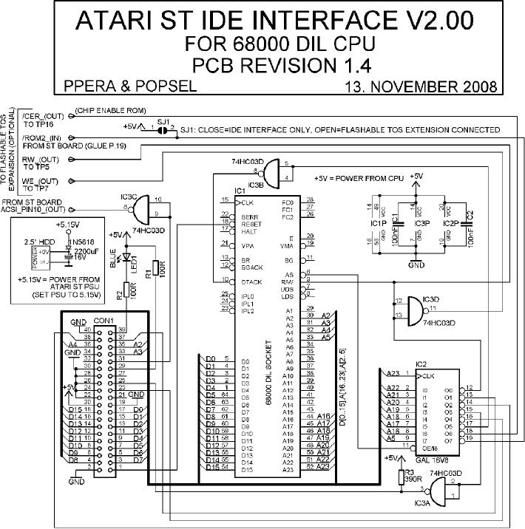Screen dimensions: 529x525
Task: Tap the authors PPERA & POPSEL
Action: pos(130,86)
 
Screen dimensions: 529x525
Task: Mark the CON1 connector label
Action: pos(103,321)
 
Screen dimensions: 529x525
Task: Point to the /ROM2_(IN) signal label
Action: pos(43,137)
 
